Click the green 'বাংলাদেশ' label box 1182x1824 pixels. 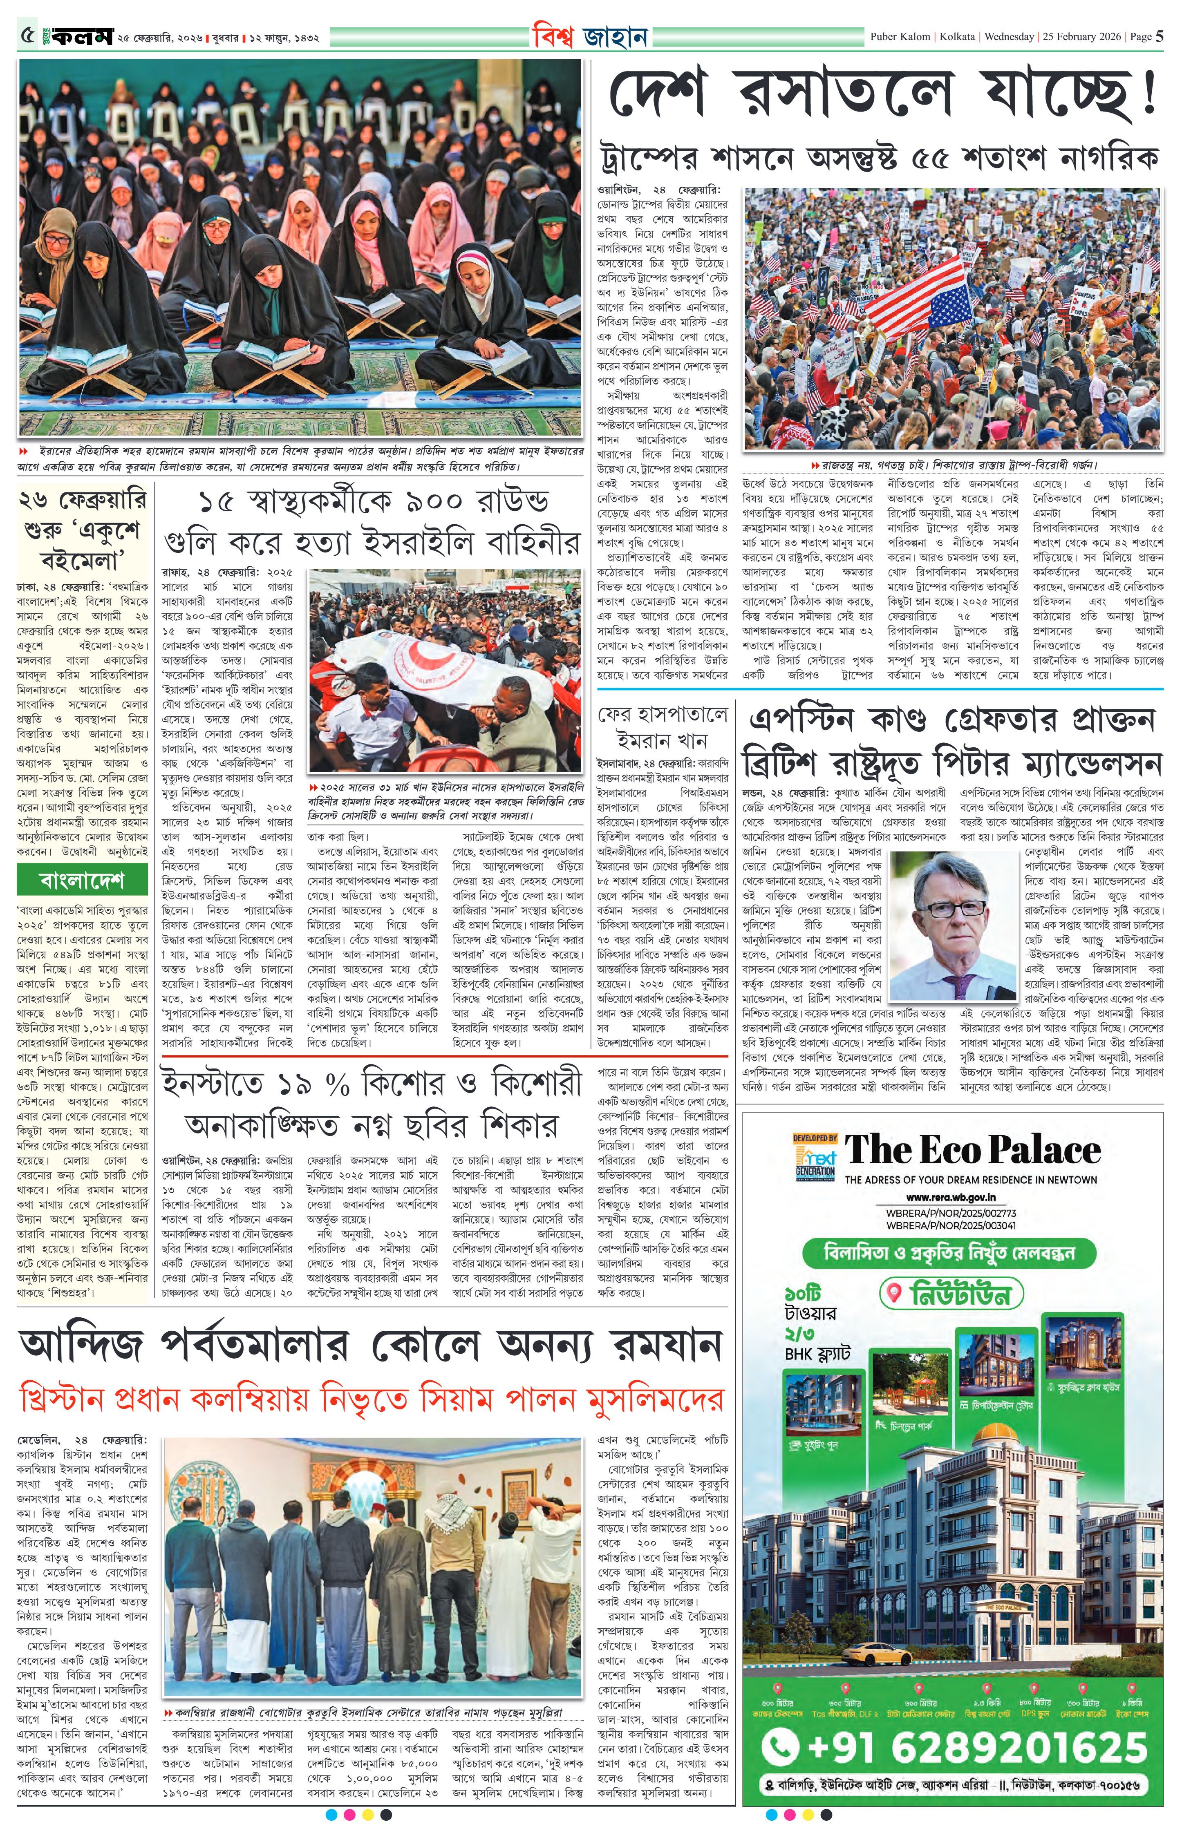click(x=82, y=880)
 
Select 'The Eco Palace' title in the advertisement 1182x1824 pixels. click(x=972, y=1149)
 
